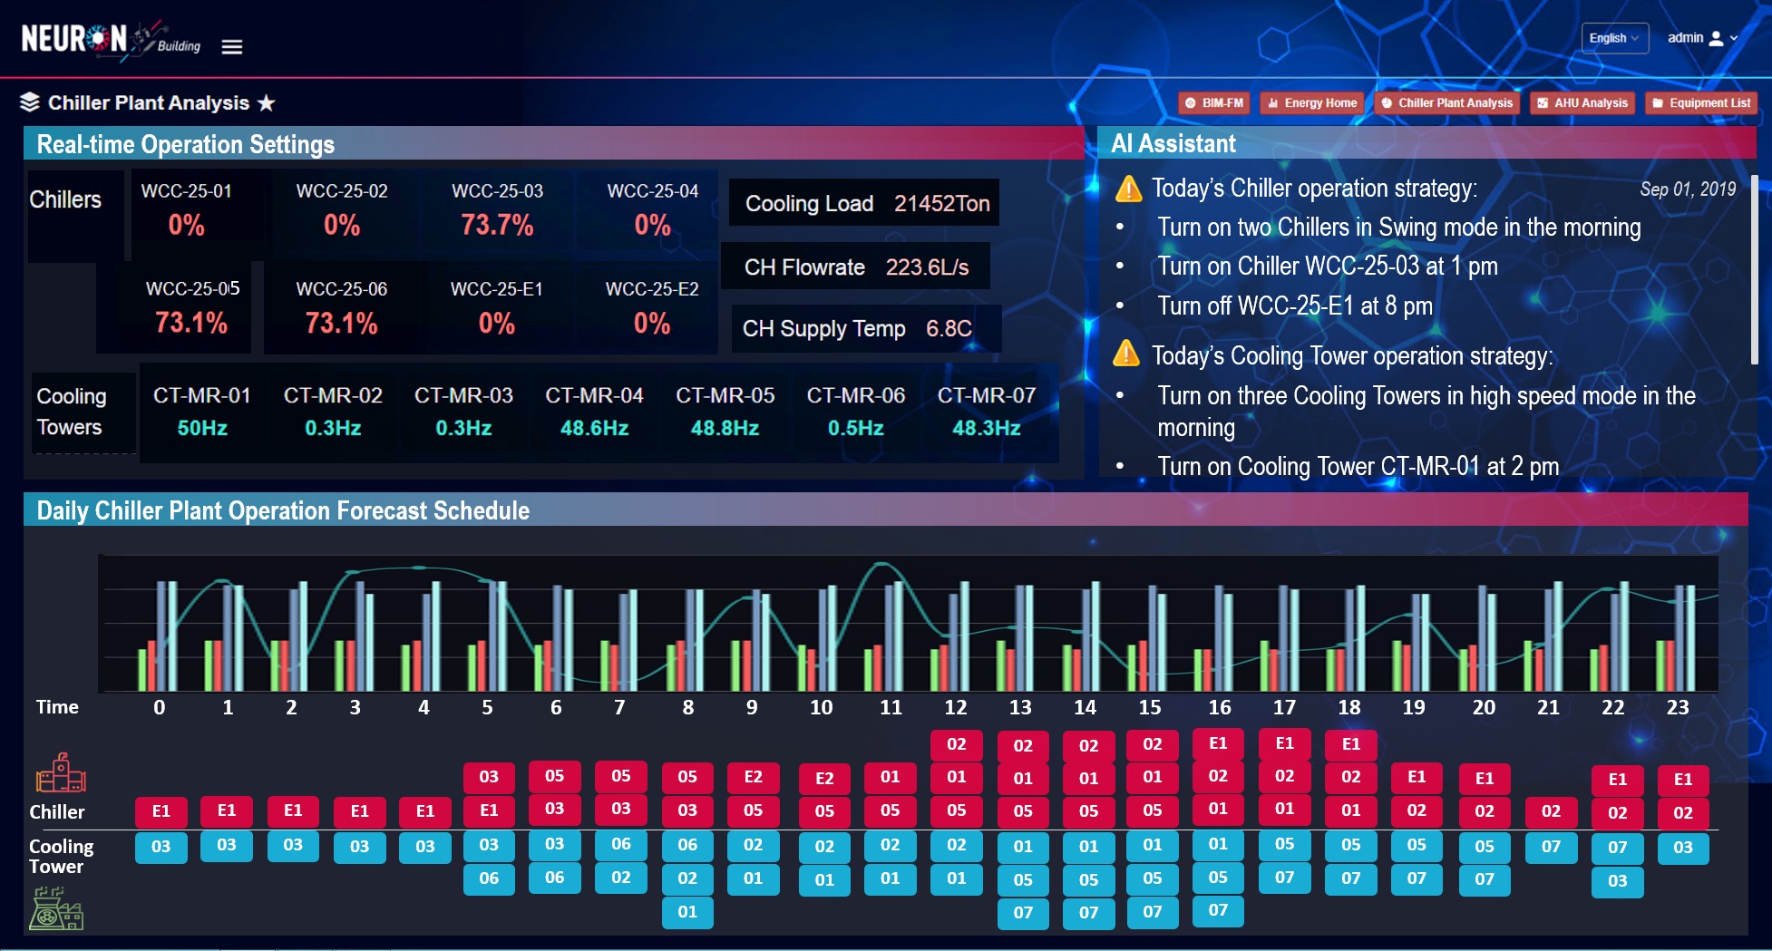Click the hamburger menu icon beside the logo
coord(232,47)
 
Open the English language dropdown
coord(1614,38)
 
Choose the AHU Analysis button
coord(1582,103)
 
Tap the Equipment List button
coord(1701,103)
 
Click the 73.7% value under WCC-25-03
coord(497,225)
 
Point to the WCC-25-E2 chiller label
coord(652,289)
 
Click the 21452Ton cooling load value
coord(941,204)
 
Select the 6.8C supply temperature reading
coord(949,328)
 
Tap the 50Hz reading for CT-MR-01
coord(202,428)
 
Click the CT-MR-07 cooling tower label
coord(986,396)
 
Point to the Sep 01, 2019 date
coord(1687,189)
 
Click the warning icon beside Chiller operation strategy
coord(1128,189)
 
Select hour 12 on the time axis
coord(955,707)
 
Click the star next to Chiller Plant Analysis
coord(266,103)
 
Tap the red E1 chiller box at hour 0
coord(161,811)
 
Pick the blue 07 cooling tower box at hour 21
coord(1551,847)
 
